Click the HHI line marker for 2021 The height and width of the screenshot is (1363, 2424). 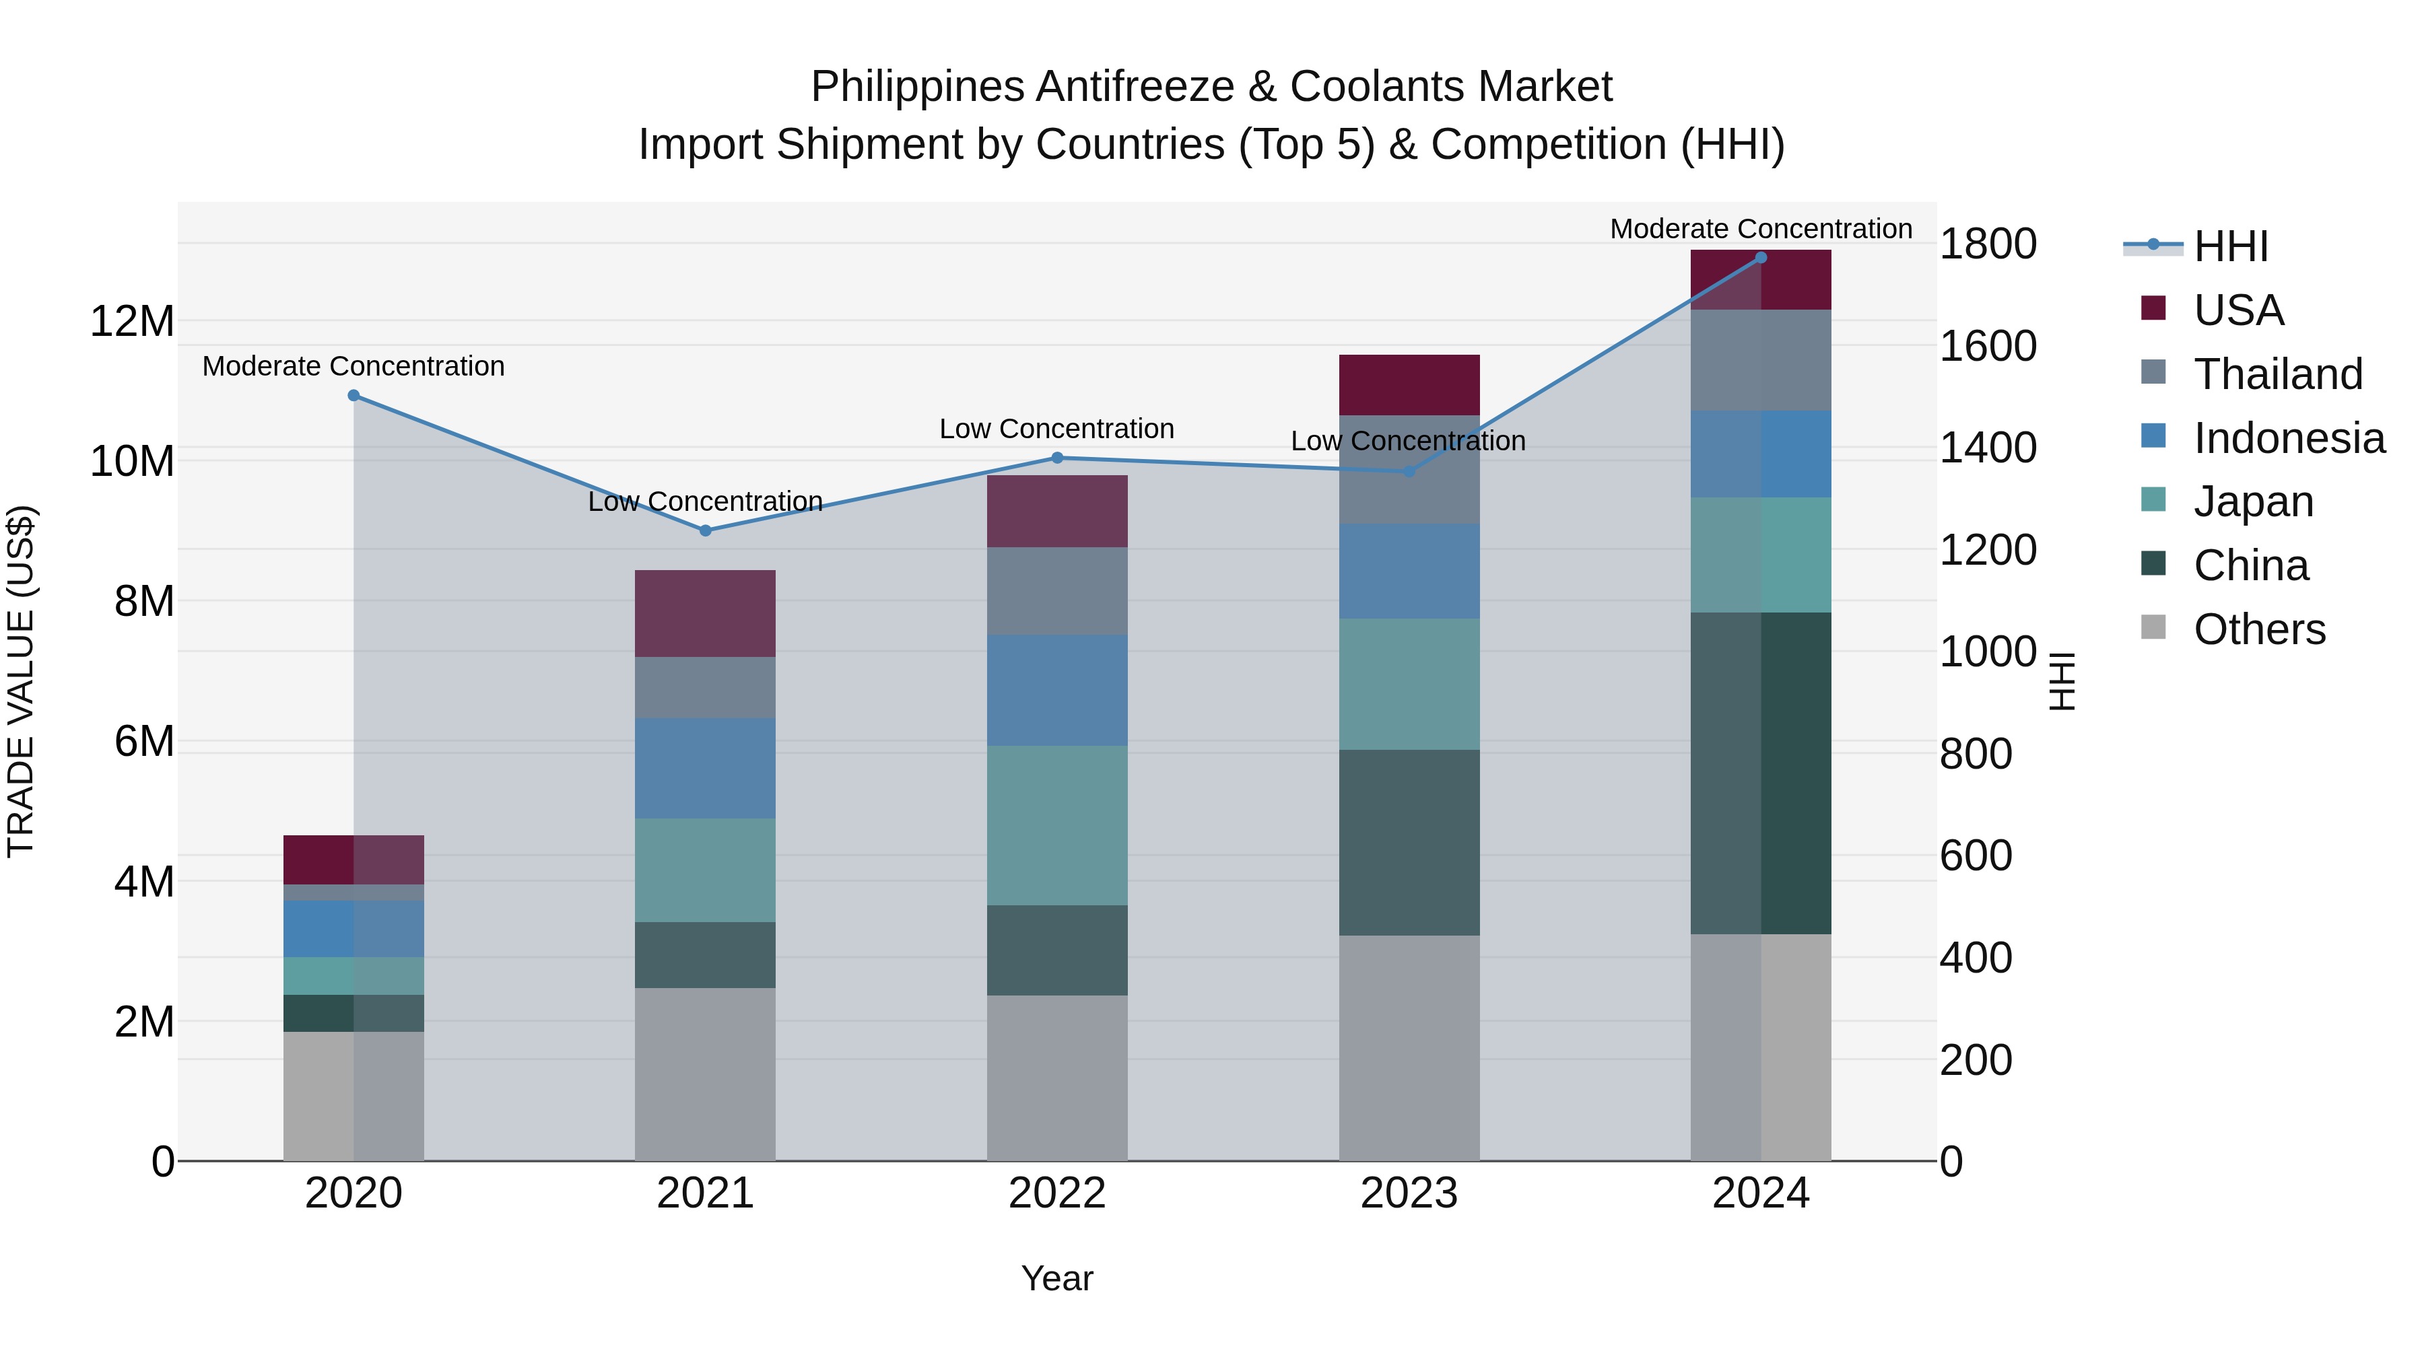point(706,530)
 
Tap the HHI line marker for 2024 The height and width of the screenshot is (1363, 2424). point(1761,258)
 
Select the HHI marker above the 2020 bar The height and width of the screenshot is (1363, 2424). point(353,396)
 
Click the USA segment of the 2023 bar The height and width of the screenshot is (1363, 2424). point(1409,385)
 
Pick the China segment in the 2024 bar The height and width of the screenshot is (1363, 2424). point(1761,773)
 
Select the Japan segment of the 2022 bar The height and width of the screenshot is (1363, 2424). point(1056,825)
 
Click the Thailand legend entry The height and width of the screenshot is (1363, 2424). point(2277,374)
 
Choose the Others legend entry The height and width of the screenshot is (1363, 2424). point(2258,629)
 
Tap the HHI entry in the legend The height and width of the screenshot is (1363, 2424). point(2230,246)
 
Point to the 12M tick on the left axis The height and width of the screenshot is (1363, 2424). point(132,322)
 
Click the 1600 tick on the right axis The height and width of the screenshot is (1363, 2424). point(1988,346)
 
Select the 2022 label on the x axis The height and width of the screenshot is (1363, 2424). point(1056,1193)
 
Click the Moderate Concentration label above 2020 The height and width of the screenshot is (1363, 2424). point(353,366)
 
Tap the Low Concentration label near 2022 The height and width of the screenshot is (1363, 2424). point(1056,429)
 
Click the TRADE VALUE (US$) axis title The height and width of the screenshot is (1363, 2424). point(22,681)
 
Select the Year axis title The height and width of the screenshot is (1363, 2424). point(1056,1278)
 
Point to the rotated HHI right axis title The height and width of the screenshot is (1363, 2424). point(2062,681)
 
